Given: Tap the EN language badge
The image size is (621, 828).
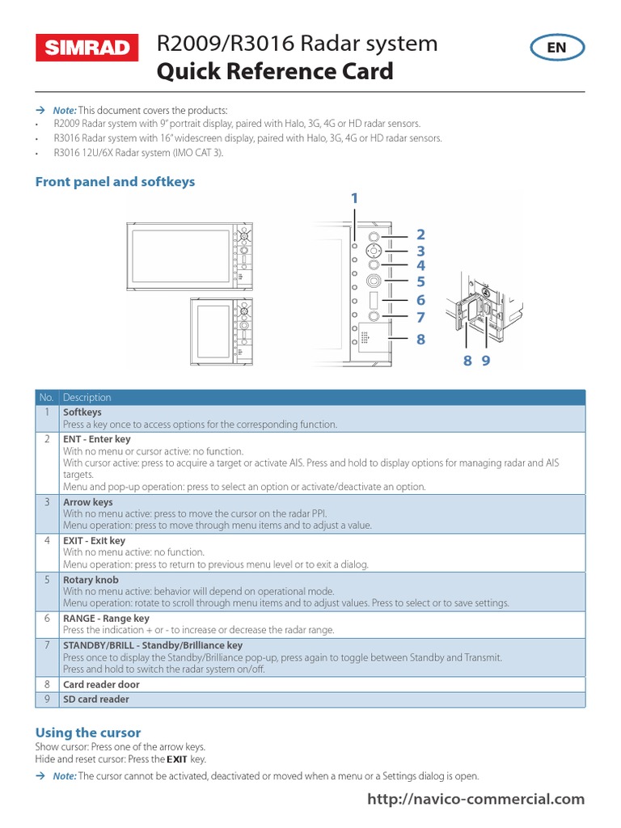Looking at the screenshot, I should coord(556,48).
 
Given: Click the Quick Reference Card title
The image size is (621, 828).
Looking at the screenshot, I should coord(274,72).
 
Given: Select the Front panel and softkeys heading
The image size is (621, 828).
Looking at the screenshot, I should coord(115,182).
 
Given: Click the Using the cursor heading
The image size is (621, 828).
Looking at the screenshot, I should coord(88,733).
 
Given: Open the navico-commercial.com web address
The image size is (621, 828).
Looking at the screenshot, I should coord(475,799).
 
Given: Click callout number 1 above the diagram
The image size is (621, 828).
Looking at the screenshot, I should coord(353,198).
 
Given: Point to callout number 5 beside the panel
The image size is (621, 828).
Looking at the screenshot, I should coord(420,281).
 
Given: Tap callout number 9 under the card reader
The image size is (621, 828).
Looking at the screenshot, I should coord(486,361).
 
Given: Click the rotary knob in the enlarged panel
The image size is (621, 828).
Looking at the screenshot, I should coord(374,281).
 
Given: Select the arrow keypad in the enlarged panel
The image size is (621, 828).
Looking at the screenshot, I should coord(374,251).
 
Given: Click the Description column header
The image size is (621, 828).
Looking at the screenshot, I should coord(87,397).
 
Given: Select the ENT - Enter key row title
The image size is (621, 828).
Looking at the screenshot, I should coord(97,439).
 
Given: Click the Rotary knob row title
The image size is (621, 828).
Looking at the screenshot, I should coord(91,580).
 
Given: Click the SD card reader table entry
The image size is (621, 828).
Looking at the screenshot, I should coord(96,699).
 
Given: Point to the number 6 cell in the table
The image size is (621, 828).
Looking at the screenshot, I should coord(47,619).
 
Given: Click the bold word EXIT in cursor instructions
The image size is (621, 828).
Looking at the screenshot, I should coord(175,759).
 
